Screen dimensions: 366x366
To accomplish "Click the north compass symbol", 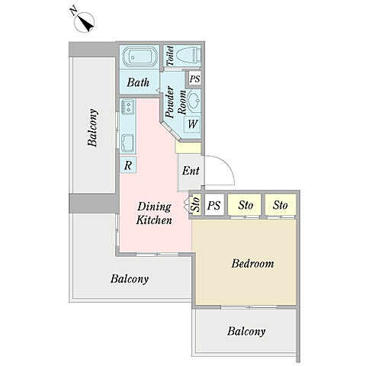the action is tap(84, 21).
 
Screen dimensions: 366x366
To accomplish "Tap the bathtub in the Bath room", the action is tap(140, 57).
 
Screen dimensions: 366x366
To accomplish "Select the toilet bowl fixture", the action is tap(188, 55).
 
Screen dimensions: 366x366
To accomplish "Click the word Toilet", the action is tap(170, 56).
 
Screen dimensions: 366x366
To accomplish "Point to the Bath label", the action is tap(138, 82).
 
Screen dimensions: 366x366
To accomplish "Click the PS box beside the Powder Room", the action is tap(195, 79).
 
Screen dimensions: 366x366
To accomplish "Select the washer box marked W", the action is tap(192, 124).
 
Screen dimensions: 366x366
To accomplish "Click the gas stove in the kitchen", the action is tap(127, 107).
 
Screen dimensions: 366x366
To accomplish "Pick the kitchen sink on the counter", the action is tap(127, 143).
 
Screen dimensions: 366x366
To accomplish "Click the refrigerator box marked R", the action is tap(128, 165).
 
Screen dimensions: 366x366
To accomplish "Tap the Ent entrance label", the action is tap(191, 171).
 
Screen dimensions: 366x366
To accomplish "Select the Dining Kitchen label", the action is tap(154, 213).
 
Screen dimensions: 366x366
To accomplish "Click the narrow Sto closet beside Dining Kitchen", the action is tap(196, 204).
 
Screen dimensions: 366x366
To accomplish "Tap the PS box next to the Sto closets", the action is tap(214, 205).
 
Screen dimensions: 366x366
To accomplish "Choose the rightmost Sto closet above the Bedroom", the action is tap(281, 205).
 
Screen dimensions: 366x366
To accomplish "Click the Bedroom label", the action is tap(252, 264).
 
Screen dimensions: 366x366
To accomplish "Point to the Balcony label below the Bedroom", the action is tap(246, 332).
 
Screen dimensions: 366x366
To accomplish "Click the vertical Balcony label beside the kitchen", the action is tap(92, 127).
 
